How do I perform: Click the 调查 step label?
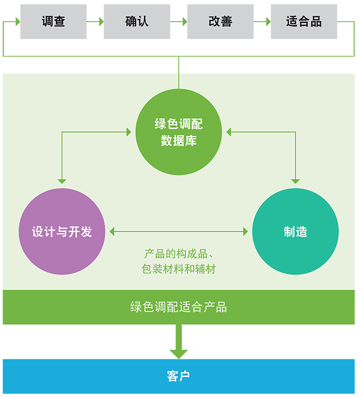point(53,21)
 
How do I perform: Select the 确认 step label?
point(137,21)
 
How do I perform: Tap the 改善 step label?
point(220,21)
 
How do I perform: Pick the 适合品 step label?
point(304,21)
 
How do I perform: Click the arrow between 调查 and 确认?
point(95,21)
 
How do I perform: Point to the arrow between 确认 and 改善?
point(179,21)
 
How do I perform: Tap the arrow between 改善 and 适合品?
point(262,21)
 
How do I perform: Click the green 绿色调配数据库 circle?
point(179,132)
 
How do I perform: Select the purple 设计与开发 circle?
point(62,232)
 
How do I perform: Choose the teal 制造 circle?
point(295,232)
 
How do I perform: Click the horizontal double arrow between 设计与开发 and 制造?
point(179,232)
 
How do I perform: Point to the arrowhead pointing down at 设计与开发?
point(62,181)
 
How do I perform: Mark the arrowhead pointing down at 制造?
point(295,181)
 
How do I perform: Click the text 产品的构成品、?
point(179,254)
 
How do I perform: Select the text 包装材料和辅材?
point(179,269)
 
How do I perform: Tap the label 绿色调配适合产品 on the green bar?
point(179,307)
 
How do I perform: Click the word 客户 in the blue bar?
point(179,376)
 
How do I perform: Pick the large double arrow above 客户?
point(179,342)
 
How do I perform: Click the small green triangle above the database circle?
point(181,65)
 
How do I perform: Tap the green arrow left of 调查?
point(12,21)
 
